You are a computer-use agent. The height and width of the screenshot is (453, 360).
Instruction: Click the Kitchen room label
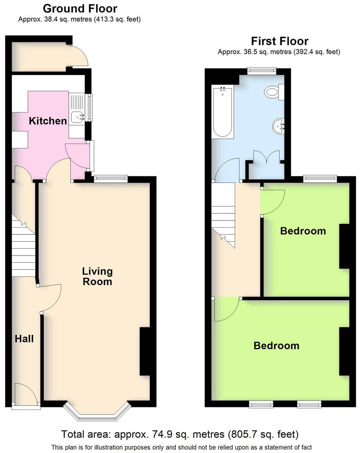click(48, 121)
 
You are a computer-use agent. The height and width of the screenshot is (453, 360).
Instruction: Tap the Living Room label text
click(97, 276)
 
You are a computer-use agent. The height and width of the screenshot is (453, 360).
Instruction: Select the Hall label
click(24, 339)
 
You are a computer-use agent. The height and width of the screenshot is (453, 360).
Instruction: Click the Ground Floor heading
click(80, 9)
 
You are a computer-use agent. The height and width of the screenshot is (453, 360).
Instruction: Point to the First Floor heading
click(280, 41)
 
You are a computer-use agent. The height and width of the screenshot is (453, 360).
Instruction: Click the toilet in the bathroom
click(274, 92)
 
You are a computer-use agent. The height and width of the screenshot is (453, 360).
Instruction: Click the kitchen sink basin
click(77, 117)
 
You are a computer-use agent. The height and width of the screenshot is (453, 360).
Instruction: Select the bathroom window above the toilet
click(262, 71)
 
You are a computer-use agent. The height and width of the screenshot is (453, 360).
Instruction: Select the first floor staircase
click(223, 215)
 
